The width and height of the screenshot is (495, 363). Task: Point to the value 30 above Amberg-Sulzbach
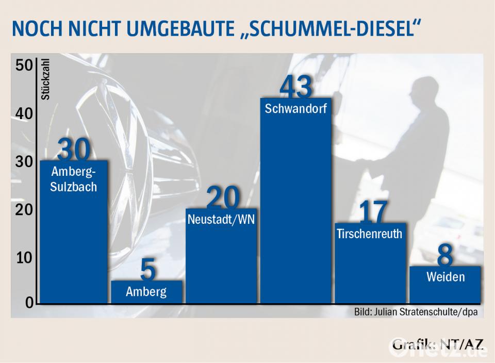[74, 150]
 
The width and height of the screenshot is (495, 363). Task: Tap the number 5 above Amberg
[147, 271]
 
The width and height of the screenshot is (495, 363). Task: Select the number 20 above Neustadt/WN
[223, 199]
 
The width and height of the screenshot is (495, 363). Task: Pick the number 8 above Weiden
[445, 256]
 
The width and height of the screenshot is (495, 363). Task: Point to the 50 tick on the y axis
[24, 66]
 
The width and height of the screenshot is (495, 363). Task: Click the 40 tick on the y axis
[24, 114]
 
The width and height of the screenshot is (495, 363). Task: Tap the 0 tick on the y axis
[29, 303]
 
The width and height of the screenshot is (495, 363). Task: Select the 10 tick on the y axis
[24, 258]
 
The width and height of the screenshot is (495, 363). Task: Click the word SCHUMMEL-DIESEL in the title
[331, 29]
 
